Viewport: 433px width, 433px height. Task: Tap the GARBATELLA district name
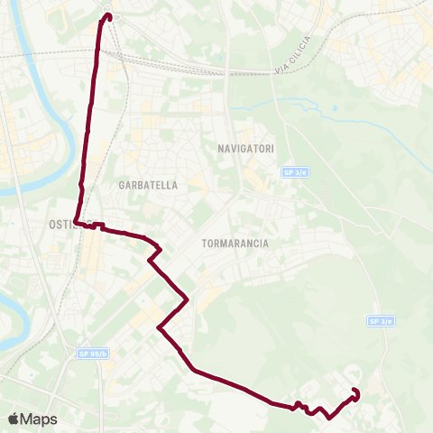148,184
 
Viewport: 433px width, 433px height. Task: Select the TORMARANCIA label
231,243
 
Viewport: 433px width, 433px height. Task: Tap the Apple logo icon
13,419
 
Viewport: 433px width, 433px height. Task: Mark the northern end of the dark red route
106,15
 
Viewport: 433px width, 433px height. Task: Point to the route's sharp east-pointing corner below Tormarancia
187,299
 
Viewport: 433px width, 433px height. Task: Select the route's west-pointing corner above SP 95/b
159,327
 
